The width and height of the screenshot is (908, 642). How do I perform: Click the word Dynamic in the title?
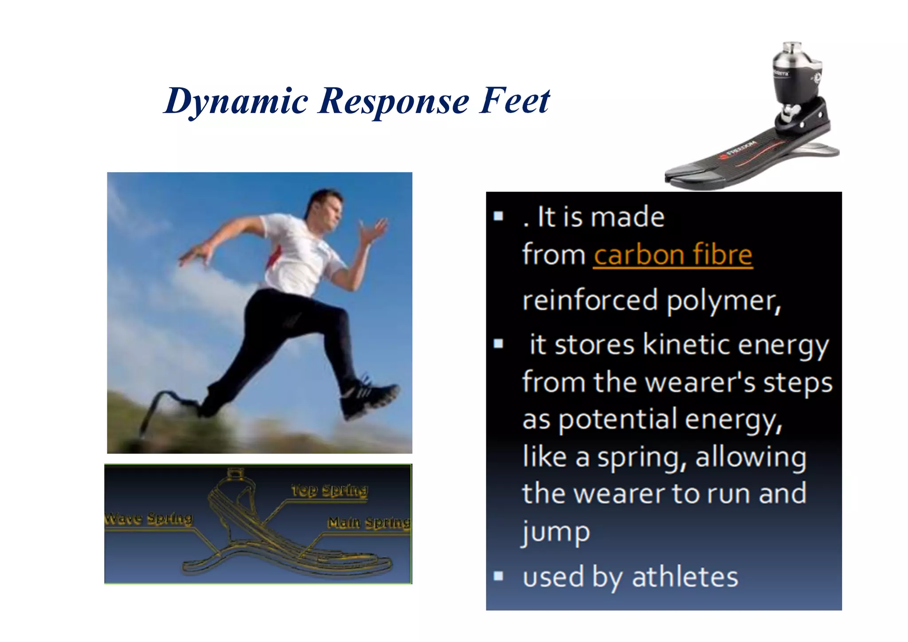[236, 102]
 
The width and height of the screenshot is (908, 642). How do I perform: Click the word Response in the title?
[393, 102]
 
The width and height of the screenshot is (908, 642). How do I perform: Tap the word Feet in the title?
[514, 101]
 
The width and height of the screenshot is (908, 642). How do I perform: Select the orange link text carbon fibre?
[673, 255]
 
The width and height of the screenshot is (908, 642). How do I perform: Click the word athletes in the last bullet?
[685, 577]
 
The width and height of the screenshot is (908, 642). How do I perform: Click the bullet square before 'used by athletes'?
[498, 576]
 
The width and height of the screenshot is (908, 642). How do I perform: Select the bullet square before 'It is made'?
[498, 216]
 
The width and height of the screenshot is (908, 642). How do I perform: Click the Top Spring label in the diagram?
[329, 490]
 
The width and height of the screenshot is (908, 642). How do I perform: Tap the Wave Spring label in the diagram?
[148, 518]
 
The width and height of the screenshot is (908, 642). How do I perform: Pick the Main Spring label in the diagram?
[369, 523]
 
